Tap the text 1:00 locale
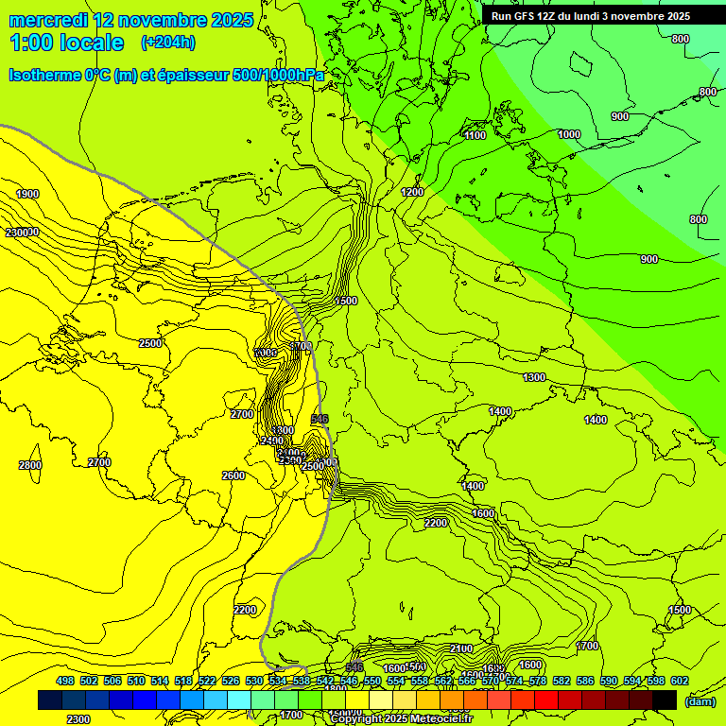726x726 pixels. [66, 43]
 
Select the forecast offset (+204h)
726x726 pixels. [168, 43]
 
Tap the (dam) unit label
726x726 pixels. [699, 701]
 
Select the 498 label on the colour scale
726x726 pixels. [65, 681]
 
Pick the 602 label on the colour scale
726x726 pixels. [680, 681]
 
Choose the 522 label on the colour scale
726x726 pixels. [207, 681]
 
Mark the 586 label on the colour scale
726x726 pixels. [585, 681]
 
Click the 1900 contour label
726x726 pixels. [27, 194]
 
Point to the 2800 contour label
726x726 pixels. [29, 465]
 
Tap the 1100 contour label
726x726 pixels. [475, 135]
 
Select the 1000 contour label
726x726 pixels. [569, 134]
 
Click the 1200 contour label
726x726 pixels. [412, 192]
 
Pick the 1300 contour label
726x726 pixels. [534, 377]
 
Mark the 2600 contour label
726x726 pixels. [233, 475]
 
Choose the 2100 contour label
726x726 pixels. [461, 648]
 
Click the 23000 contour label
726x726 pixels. [21, 233]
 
